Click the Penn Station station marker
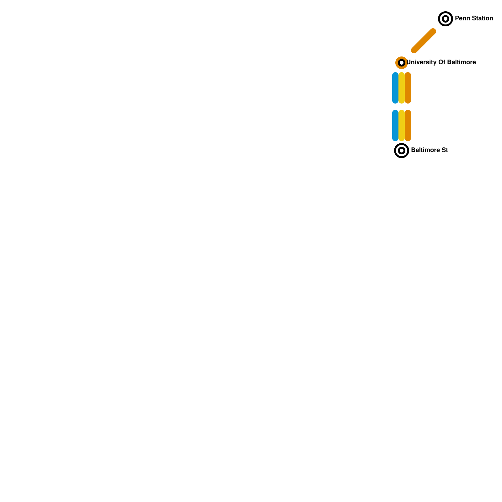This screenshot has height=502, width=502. pos(445,19)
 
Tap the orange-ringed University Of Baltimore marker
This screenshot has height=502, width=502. pos(401,63)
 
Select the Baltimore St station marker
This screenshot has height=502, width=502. pos(401,151)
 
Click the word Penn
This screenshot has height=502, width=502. pos(462,19)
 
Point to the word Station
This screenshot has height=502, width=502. pos(482,19)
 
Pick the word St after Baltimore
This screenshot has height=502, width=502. pos(445,150)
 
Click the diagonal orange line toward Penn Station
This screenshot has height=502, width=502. pos(424,41)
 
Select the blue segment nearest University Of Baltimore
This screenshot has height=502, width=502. pos(395,88)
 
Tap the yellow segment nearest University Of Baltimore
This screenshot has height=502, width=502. pos(402,88)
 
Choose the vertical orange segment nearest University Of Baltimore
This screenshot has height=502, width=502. pos(408,88)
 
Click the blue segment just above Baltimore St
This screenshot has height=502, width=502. pos(395,125)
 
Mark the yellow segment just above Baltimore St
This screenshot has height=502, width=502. pos(402,125)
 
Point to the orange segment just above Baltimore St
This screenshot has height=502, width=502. pos(408,125)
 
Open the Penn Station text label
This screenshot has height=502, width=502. pos(474,19)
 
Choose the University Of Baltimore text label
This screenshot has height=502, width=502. pos(441,62)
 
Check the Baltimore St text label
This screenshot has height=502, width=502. pos(429,150)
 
